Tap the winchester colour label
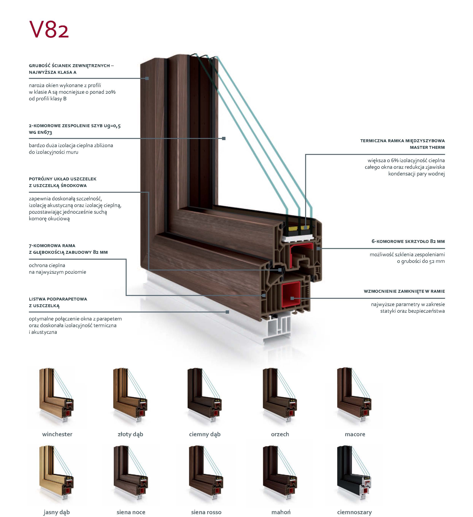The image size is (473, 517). (x=57, y=434)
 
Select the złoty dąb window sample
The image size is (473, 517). (x=130, y=395)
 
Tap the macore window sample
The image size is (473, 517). (x=354, y=395)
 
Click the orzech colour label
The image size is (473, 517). (x=280, y=434)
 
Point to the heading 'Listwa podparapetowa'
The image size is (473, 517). (x=58, y=299)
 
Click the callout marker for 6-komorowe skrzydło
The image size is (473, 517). (x=318, y=248)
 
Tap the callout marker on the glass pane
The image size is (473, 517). (x=224, y=139)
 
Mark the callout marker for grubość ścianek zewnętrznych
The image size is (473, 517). (x=147, y=78)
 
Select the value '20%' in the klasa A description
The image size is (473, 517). (x=110, y=92)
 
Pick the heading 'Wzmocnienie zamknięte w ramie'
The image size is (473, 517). (x=404, y=291)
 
